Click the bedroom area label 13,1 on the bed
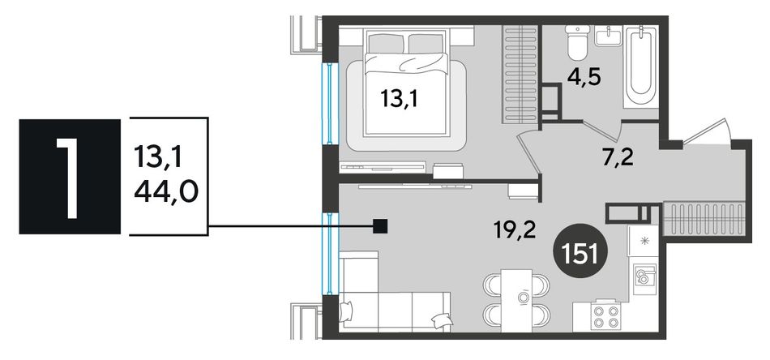point(401,101)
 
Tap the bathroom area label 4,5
point(583,78)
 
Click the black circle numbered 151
point(580,254)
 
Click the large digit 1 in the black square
point(70,177)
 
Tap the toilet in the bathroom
point(577,41)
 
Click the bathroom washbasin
point(609,36)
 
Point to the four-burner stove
point(606,315)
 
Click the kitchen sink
point(644,278)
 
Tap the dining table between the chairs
point(516,299)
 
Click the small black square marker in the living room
point(381,226)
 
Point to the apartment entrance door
point(707,131)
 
